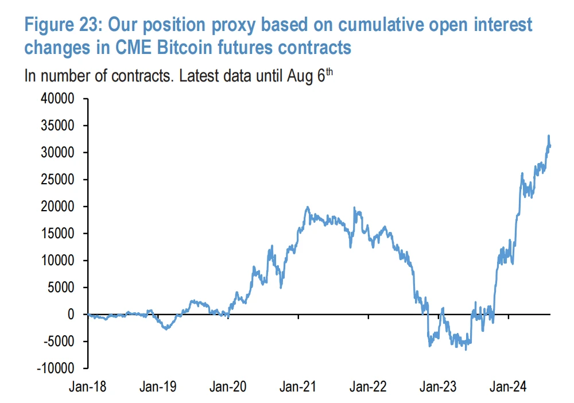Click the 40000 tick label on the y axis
point(59,99)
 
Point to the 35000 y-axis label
point(59,126)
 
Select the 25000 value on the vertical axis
point(59,180)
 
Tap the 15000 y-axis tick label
point(59,234)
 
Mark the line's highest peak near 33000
point(549,135)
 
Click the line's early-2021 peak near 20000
point(308,207)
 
